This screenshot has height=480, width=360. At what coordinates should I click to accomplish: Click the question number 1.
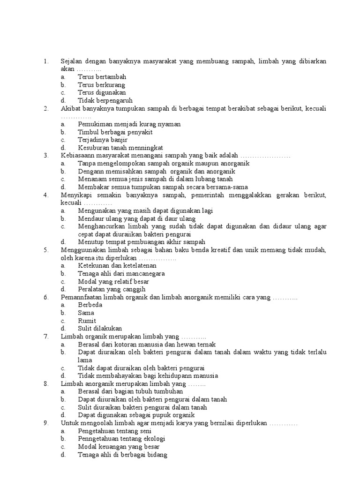pos(45,61)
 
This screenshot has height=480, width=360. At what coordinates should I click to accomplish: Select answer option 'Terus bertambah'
pos(102,77)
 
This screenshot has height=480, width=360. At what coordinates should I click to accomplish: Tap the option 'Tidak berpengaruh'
pos(105,100)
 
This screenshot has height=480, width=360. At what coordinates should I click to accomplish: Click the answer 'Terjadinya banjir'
pos(102,140)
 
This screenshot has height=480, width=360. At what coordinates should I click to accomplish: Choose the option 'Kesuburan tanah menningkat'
pos(120,148)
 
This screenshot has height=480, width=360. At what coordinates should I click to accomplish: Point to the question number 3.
pos(45,156)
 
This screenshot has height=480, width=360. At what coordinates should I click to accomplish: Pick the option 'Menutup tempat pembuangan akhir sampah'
pos(142,242)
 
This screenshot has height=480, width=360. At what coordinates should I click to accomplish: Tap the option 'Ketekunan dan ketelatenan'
pos(117,266)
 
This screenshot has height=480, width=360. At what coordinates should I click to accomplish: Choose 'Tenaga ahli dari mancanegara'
pos(121,273)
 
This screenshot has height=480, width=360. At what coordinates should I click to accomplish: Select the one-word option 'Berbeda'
pos(90,305)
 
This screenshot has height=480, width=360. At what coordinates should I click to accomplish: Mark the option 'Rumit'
pos(87,321)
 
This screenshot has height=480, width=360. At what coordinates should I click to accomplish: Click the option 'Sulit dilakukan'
pos(100,328)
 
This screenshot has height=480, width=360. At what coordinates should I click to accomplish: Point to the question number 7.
pos(45,336)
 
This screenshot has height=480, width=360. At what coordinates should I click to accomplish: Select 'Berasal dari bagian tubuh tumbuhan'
pos(130,391)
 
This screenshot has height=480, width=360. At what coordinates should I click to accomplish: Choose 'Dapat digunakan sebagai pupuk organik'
pos(136,415)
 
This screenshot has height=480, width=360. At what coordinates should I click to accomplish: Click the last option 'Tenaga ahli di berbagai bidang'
pos(122,454)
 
